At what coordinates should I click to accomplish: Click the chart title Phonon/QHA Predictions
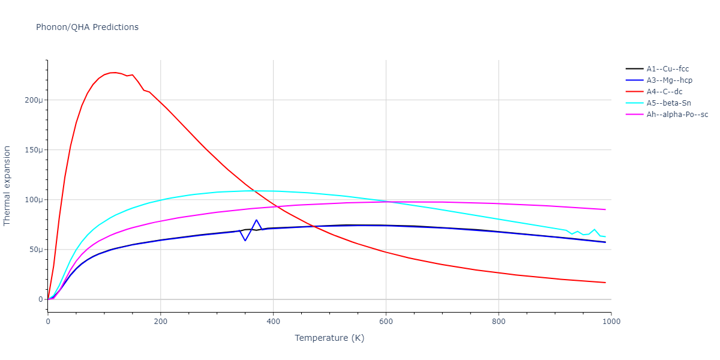(87, 27)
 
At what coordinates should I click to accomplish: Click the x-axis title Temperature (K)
(329, 338)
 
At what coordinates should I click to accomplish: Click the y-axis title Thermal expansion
(7, 185)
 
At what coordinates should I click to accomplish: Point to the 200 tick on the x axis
(161, 321)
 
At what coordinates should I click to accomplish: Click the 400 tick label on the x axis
(273, 321)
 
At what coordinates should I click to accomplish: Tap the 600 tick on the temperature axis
(386, 321)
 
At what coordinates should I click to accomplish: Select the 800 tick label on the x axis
(499, 321)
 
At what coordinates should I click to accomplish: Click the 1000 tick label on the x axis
(611, 321)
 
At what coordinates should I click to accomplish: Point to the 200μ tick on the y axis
(34, 100)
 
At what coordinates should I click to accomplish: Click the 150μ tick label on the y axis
(34, 150)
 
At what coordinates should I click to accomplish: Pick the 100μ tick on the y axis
(34, 200)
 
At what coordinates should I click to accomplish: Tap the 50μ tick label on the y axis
(35, 250)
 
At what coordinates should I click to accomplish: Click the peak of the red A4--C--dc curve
(113, 73)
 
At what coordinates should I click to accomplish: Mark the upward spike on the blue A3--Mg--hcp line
(256, 220)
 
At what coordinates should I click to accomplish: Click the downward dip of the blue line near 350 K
(245, 241)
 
